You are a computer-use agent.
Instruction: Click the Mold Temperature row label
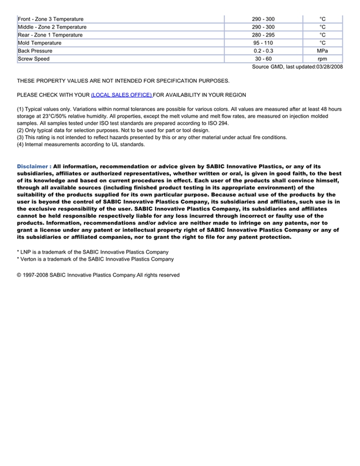[40, 43]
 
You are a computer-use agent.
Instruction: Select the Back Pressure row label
[35, 51]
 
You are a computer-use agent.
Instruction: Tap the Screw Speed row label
[34, 59]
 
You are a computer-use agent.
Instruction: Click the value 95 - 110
[263, 43]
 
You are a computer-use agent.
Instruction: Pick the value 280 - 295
[263, 35]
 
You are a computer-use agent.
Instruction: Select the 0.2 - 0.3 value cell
[263, 51]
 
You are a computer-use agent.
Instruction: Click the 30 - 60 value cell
[263, 59]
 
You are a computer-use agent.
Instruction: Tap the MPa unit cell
[322, 51]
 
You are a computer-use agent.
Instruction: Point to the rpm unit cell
[322, 59]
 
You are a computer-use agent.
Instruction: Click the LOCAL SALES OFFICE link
[121, 95]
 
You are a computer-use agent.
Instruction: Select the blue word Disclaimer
[33, 167]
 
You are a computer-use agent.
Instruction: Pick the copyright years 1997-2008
[35, 275]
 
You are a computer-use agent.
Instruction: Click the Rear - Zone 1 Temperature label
[50, 35]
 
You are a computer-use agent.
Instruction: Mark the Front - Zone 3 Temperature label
[50, 19]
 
